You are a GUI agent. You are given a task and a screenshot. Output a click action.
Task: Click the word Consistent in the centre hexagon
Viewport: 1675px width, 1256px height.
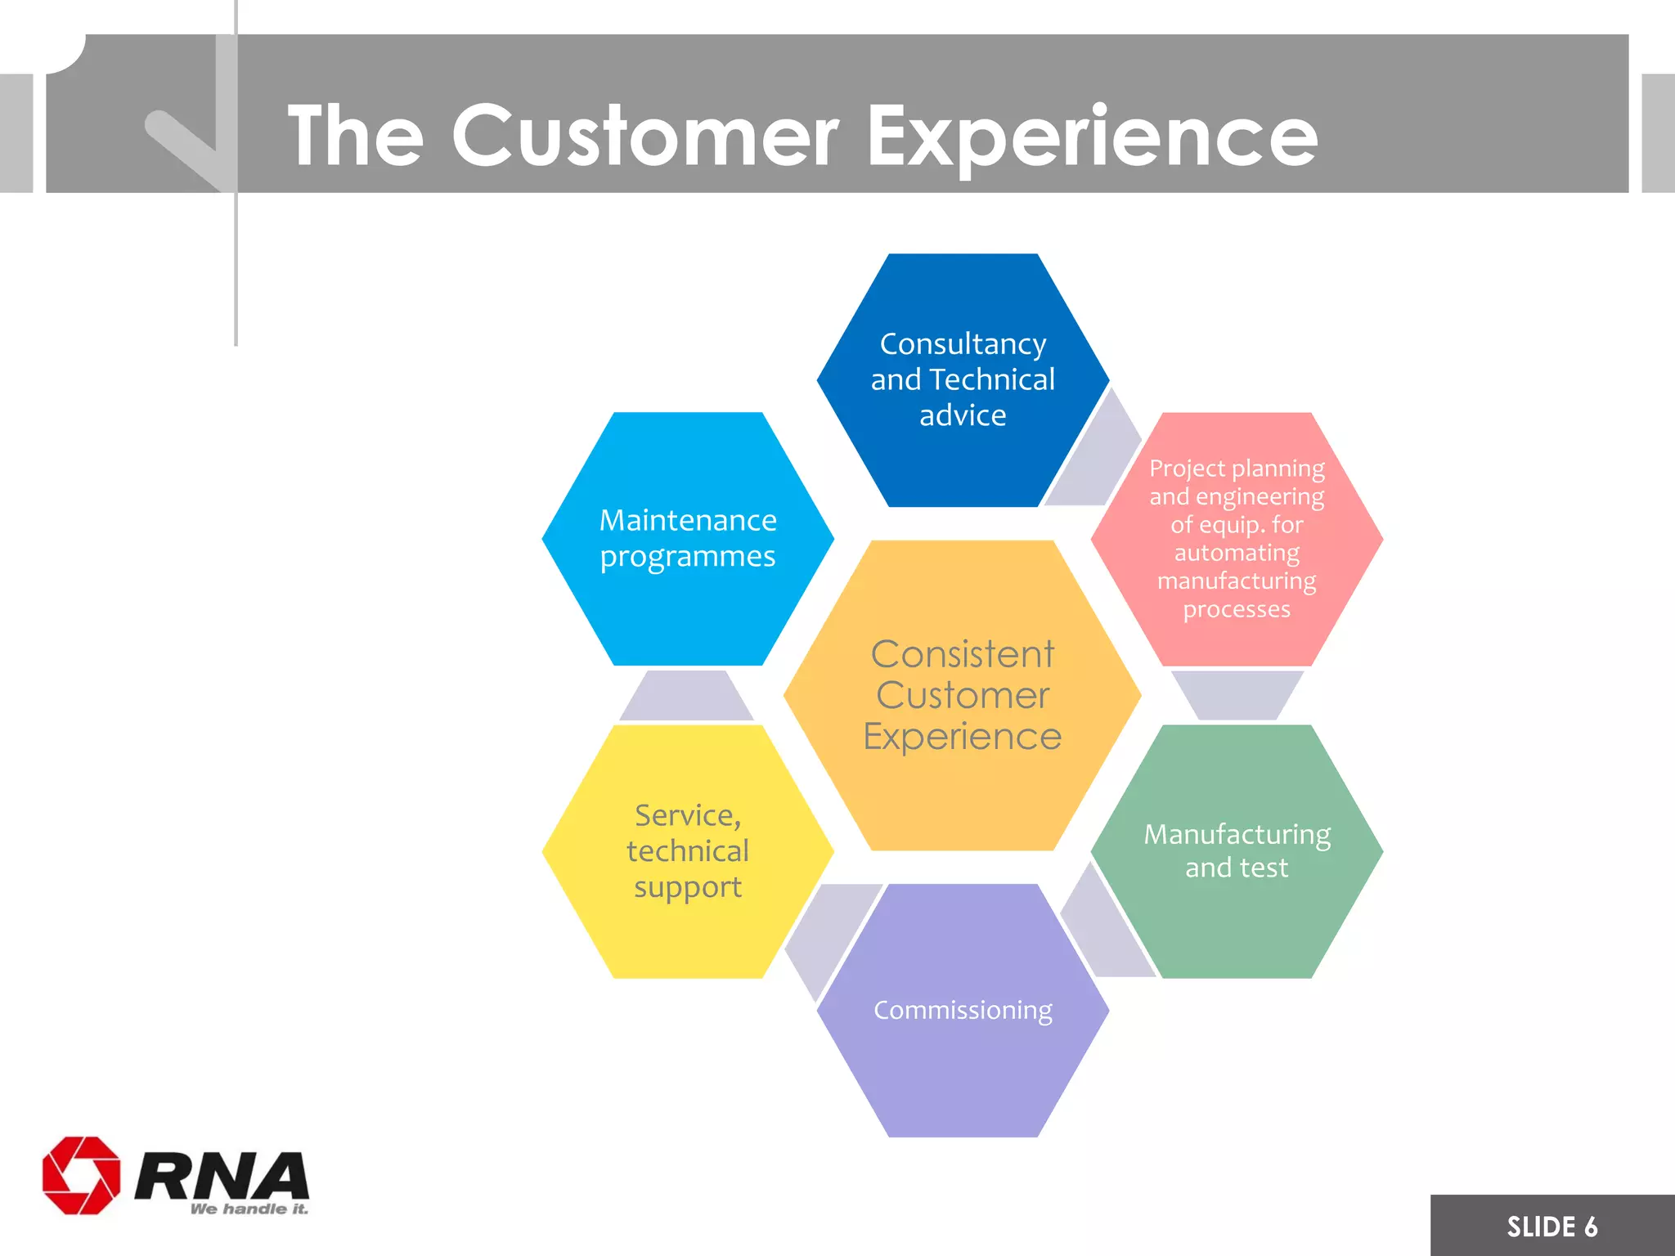click(x=963, y=654)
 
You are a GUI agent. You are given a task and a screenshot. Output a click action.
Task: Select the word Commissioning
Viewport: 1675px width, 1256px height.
click(x=963, y=1010)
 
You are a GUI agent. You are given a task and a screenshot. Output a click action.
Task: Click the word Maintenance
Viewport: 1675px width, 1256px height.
click(x=688, y=520)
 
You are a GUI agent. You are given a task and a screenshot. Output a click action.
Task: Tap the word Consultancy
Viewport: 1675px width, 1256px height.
click(x=963, y=343)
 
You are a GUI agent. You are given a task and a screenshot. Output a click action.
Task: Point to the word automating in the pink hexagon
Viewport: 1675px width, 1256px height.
click(x=1237, y=553)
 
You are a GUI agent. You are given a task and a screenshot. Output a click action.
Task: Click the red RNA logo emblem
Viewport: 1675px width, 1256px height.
click(x=81, y=1175)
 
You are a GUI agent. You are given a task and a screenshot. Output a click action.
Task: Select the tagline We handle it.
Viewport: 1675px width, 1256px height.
click(x=249, y=1209)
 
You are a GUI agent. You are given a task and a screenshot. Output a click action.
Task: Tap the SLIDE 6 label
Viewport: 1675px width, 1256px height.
click(x=1552, y=1227)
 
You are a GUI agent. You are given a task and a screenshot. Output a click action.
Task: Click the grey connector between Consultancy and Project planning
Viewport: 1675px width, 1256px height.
click(x=1093, y=458)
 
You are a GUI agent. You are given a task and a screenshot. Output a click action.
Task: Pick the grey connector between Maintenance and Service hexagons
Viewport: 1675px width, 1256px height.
click(x=687, y=697)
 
